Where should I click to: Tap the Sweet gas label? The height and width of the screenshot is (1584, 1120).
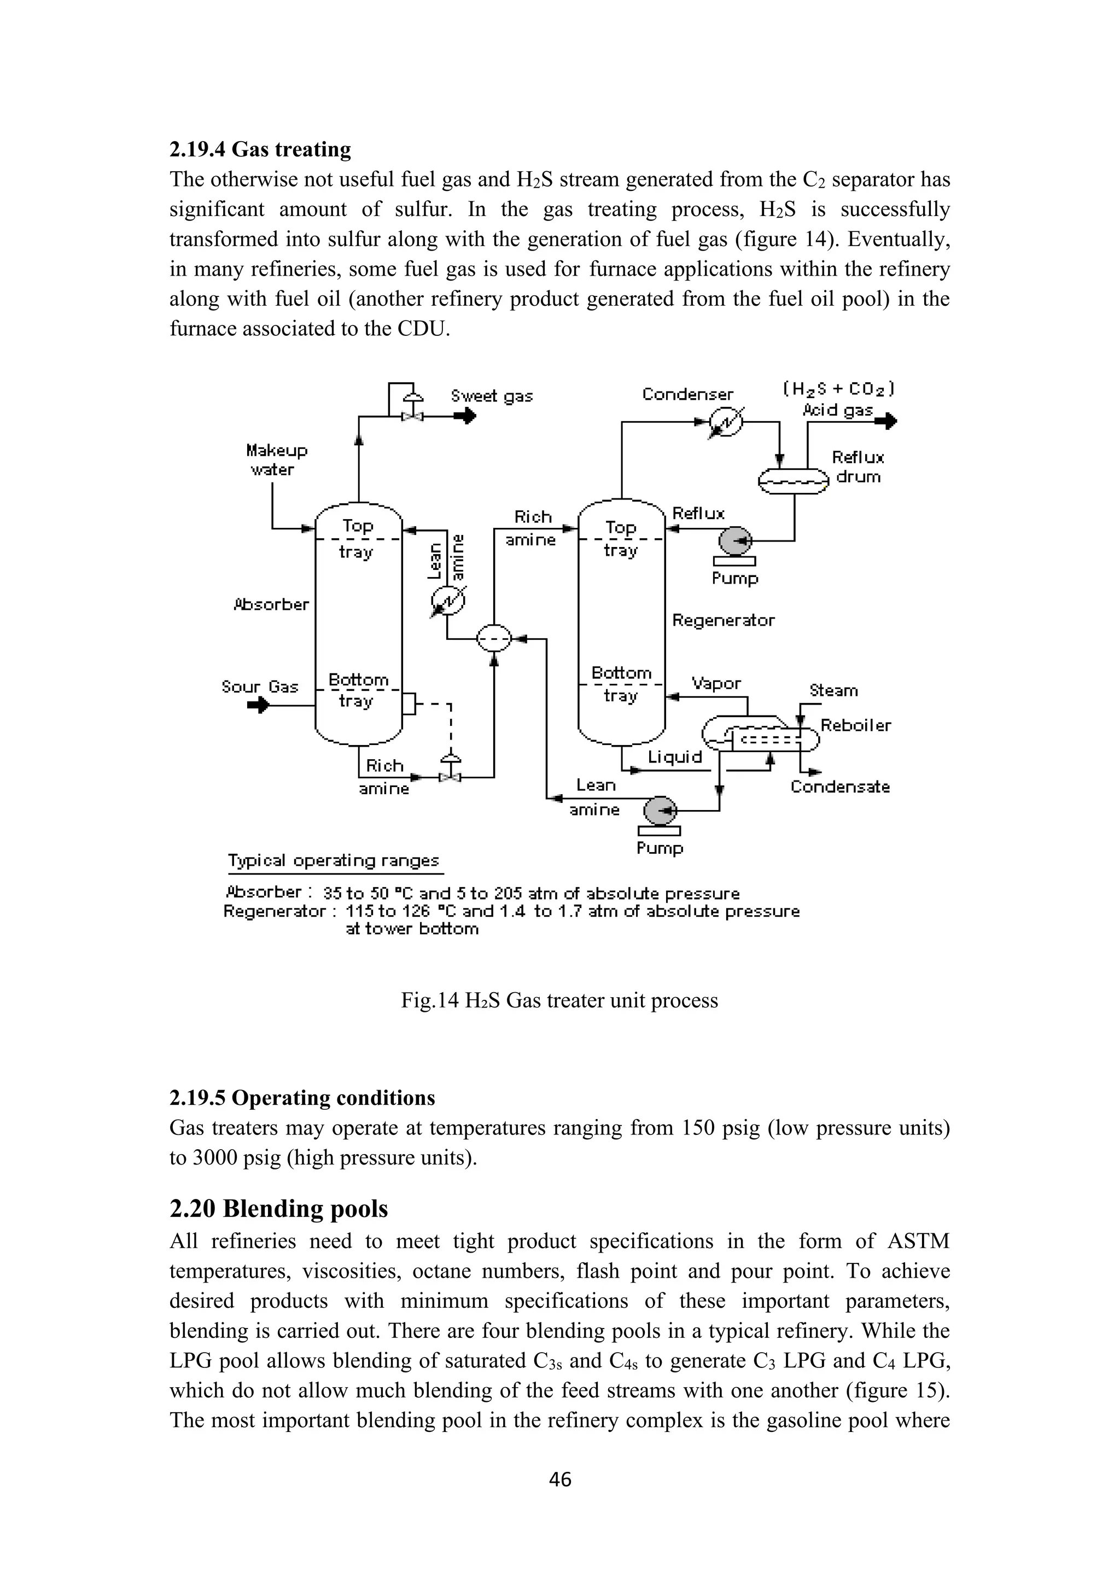[491, 396]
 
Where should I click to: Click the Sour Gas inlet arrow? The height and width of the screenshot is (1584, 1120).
[259, 705]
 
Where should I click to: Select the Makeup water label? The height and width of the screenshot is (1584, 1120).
[277, 459]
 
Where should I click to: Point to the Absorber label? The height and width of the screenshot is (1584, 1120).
[271, 604]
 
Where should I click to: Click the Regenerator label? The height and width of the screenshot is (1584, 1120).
[723, 620]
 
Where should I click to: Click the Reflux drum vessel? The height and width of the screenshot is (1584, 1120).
[792, 481]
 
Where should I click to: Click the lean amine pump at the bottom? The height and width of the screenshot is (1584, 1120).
[660, 811]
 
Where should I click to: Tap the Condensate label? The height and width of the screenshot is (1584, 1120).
[839, 787]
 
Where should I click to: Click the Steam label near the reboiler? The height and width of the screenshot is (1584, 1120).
[833, 690]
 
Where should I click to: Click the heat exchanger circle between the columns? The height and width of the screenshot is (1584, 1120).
[494, 639]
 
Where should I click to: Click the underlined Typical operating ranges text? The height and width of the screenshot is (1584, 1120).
[333, 860]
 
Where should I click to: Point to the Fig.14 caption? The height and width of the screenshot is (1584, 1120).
[559, 1000]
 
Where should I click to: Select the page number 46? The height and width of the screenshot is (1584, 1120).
[560, 1478]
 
